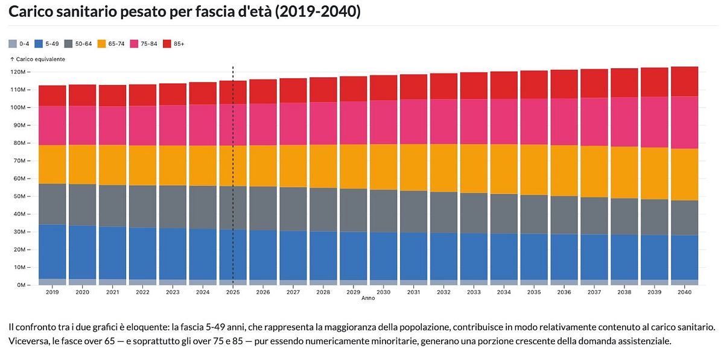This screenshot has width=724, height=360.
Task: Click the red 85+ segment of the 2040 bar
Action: click(684, 81)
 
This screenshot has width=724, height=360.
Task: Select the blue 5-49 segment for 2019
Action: click(52, 252)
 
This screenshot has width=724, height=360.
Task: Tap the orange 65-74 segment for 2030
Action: click(383, 167)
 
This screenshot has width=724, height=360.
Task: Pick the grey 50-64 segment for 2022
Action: click(142, 207)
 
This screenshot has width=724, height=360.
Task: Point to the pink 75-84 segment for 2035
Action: click(534, 121)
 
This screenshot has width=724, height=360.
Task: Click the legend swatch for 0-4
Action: click(13, 43)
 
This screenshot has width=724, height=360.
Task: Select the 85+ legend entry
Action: click(174, 43)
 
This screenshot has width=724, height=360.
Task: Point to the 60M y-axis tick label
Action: click(21, 178)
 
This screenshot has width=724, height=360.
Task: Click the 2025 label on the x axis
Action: click(233, 292)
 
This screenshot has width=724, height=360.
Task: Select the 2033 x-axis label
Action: click(474, 292)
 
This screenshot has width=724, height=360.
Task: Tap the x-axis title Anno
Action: click(368, 298)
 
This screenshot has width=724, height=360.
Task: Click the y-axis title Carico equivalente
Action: click(37, 59)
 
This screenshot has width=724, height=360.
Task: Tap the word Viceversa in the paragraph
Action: click(28, 341)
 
